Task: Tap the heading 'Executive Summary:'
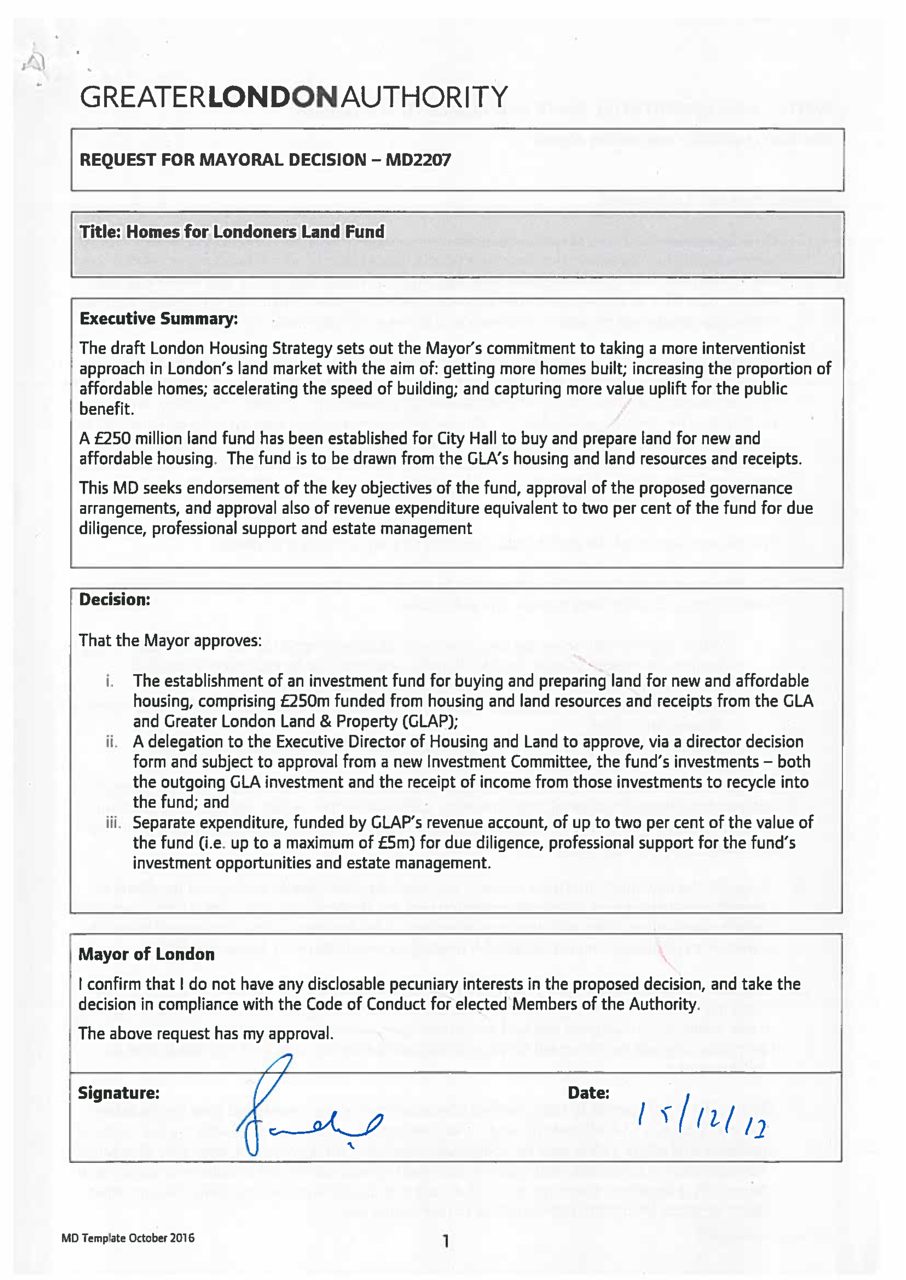click(158, 319)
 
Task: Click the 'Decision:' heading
click(114, 599)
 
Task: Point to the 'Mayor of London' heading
click(146, 954)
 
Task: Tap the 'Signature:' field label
click(118, 1092)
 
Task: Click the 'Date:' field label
click(588, 1092)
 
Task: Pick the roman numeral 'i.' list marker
click(110, 681)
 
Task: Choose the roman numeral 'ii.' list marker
click(112, 742)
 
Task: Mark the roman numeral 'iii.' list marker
click(113, 823)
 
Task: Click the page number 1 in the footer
click(446, 1241)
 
